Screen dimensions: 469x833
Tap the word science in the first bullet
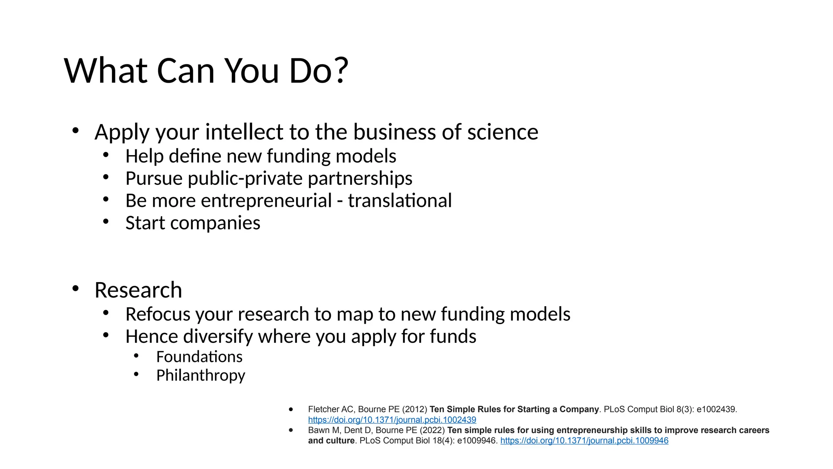(503, 132)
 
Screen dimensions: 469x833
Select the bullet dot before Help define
(106, 155)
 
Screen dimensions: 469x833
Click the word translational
(399, 201)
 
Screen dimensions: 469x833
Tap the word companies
(215, 223)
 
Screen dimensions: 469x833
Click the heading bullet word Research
(138, 290)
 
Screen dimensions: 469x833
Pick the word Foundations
(199, 357)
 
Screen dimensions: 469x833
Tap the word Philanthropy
(201, 375)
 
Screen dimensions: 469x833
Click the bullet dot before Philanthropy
(136, 374)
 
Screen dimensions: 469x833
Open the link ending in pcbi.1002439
(392, 420)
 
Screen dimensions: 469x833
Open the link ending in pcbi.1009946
(584, 441)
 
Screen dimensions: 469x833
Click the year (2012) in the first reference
(414, 409)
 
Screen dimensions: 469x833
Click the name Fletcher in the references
(323, 409)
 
